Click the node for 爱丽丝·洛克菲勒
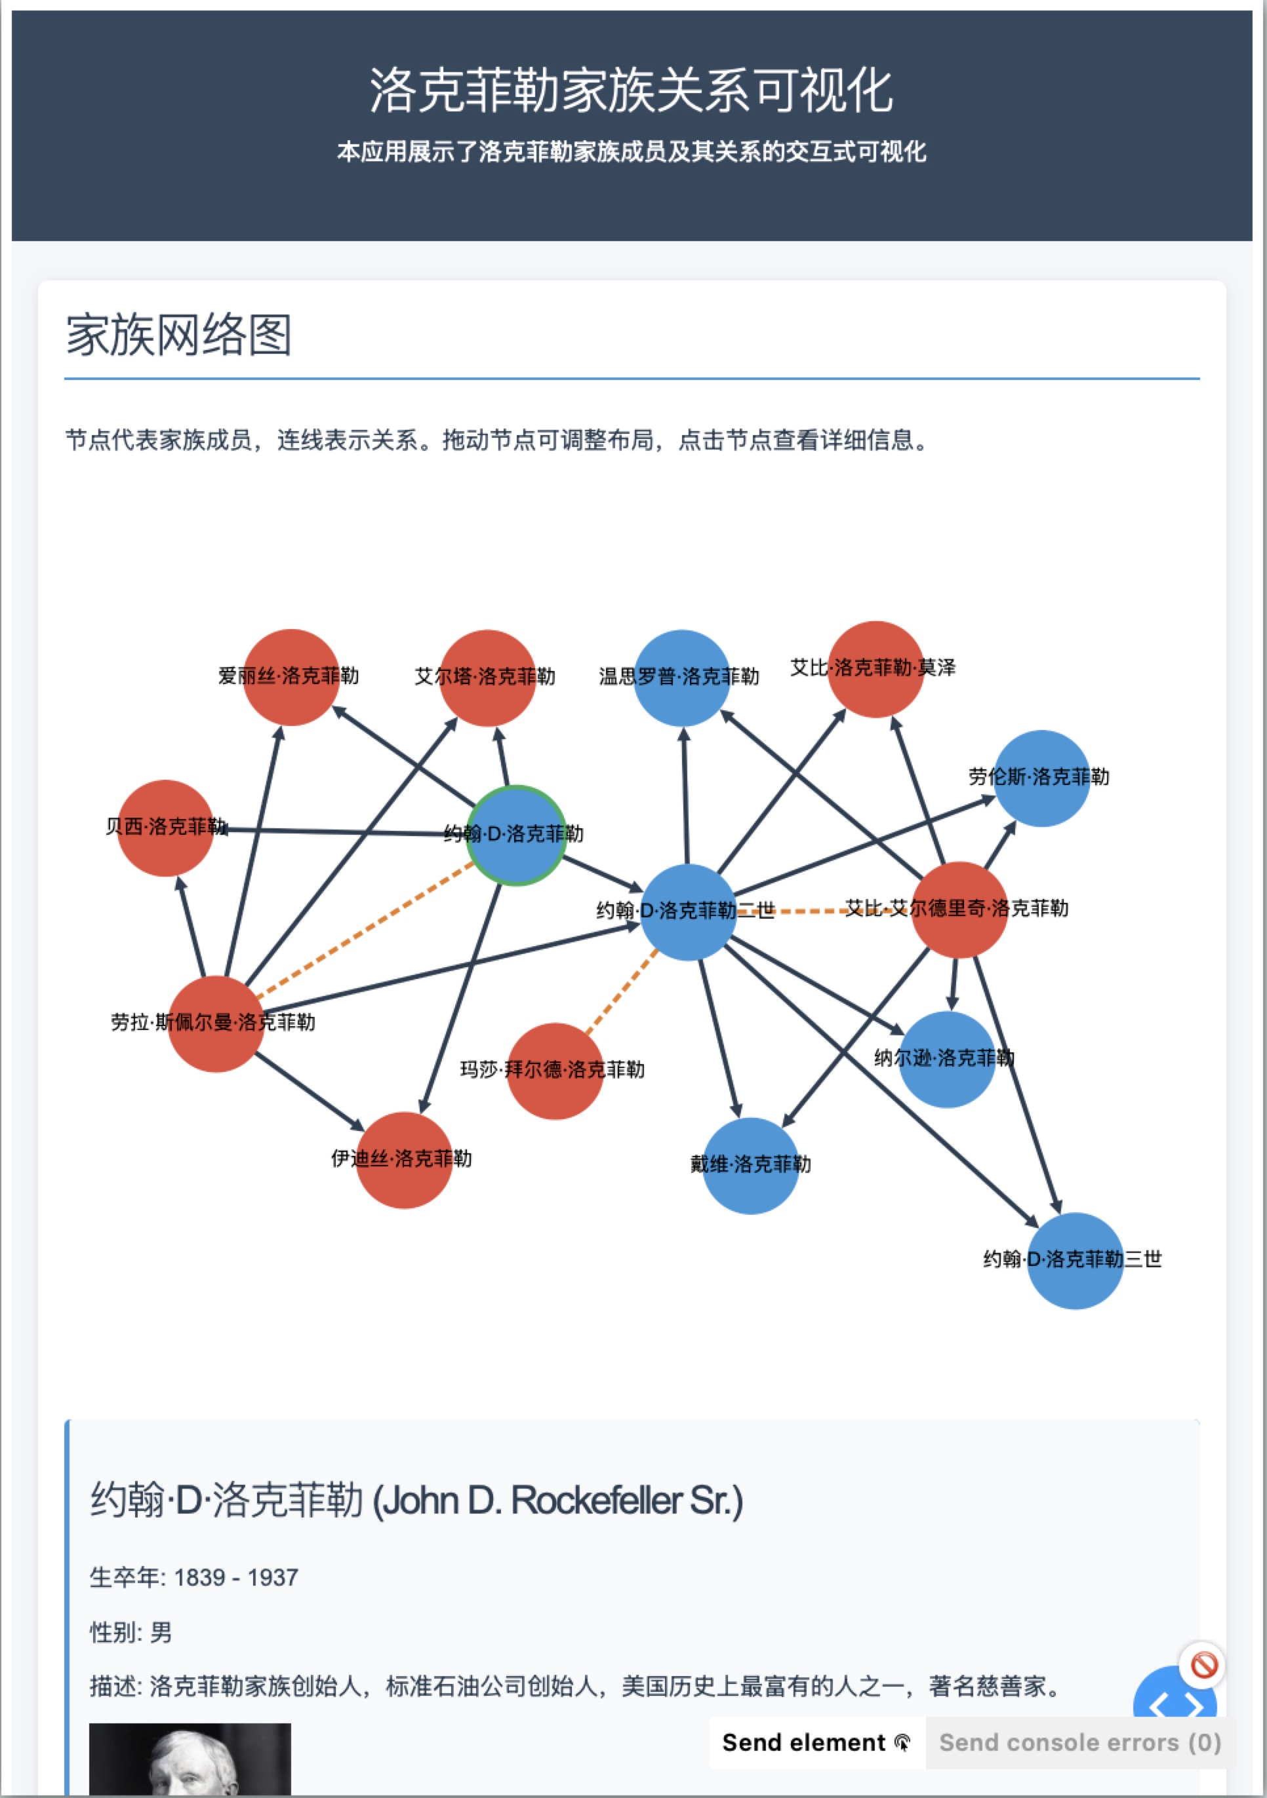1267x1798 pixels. tap(291, 678)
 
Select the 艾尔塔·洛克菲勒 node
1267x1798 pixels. tap(487, 678)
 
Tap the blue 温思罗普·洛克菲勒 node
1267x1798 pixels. tap(681, 678)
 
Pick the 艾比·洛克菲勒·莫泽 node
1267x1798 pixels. tap(875, 670)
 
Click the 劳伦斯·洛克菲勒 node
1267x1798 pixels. tap(1041, 778)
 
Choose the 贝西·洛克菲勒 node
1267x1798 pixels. tap(165, 828)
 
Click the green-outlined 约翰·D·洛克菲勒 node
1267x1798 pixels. tap(515, 835)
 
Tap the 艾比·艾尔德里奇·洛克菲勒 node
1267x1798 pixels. tap(959, 910)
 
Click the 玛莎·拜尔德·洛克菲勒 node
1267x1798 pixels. tap(555, 1071)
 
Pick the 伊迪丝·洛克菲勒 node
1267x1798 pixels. tap(403, 1160)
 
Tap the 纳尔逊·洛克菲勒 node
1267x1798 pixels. tap(946, 1060)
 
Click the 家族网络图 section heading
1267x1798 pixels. tap(178, 335)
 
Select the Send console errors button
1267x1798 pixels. tap(1079, 1742)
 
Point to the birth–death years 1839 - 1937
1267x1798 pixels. tap(235, 1577)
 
